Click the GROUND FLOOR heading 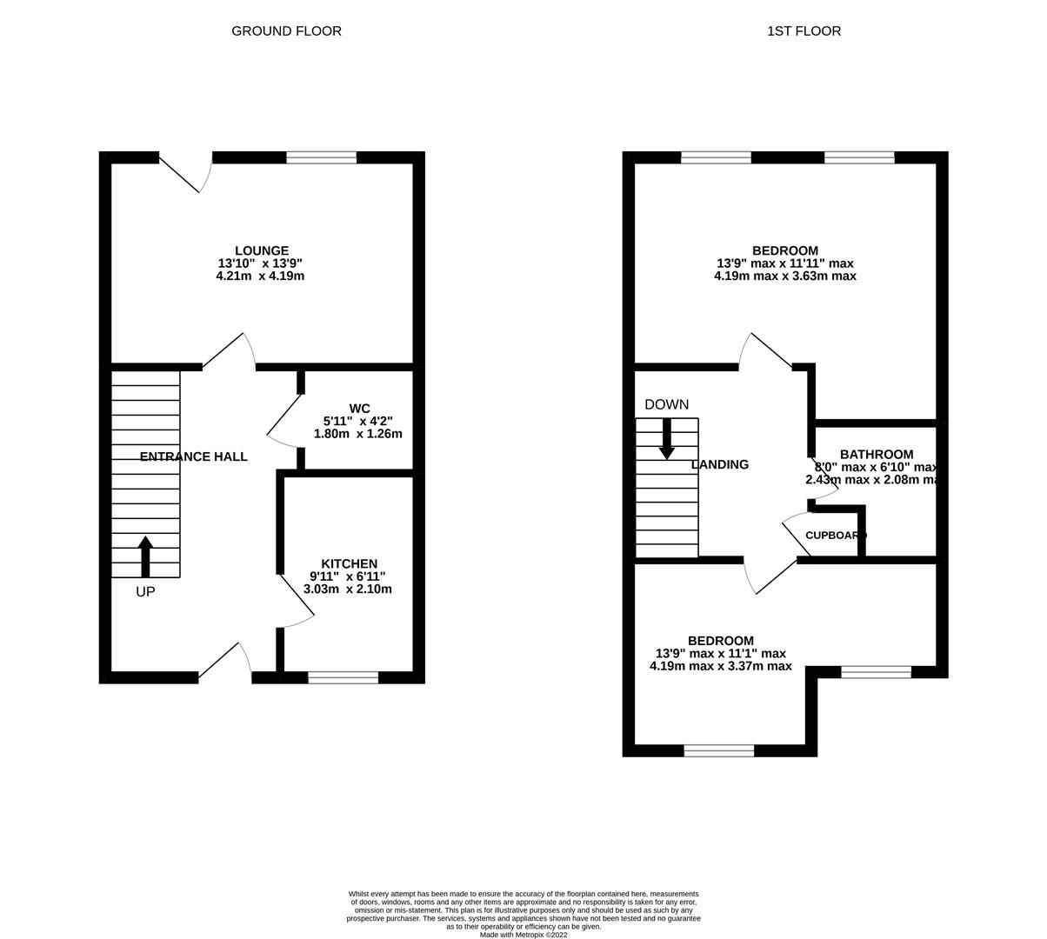click(x=286, y=31)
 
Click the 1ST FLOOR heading click(x=804, y=31)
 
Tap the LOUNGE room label click(x=260, y=250)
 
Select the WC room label click(x=359, y=408)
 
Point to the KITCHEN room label click(x=349, y=563)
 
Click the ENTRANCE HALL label click(x=193, y=456)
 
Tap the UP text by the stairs click(x=145, y=591)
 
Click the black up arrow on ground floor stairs click(x=145, y=556)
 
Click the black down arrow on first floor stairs click(x=667, y=439)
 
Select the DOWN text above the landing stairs click(x=666, y=404)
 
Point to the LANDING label click(x=719, y=464)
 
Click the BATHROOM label click(x=876, y=454)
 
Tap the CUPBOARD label click(x=836, y=536)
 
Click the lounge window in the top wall click(x=321, y=157)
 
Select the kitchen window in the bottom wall click(x=343, y=677)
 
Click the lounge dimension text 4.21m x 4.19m click(x=260, y=276)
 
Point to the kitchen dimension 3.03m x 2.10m click(x=348, y=589)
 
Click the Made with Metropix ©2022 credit click(x=523, y=935)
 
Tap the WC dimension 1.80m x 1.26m click(x=358, y=433)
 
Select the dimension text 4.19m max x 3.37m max click(x=720, y=666)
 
